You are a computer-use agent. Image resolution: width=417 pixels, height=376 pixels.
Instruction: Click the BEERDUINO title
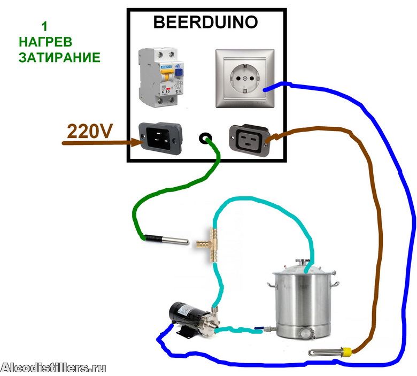pos(205,22)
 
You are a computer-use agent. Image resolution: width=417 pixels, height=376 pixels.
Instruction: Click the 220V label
pos(90,131)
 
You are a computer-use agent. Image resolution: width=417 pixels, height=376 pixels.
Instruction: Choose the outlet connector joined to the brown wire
pos(247,140)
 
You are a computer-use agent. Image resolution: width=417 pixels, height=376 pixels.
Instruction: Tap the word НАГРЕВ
pos(45,41)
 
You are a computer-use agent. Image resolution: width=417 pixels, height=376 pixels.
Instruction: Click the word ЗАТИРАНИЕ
pos(59,57)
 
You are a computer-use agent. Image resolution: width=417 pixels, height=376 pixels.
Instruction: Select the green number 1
pos(44,25)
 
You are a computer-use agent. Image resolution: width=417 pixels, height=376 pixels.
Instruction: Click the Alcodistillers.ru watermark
pos(53,367)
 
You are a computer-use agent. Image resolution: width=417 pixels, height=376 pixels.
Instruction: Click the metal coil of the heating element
pos(325,352)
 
